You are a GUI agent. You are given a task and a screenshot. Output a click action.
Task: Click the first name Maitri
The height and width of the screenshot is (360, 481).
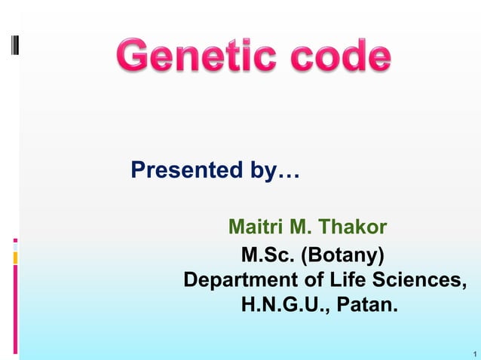(x=253, y=226)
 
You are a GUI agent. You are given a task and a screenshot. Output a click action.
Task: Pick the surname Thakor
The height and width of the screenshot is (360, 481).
(x=354, y=226)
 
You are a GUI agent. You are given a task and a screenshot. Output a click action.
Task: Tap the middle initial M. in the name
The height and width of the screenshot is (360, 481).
(x=300, y=226)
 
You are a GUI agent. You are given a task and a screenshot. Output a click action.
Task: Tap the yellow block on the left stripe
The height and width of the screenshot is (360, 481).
(x=15, y=258)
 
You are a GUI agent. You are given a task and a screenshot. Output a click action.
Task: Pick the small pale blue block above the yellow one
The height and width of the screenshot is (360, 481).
(x=15, y=246)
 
